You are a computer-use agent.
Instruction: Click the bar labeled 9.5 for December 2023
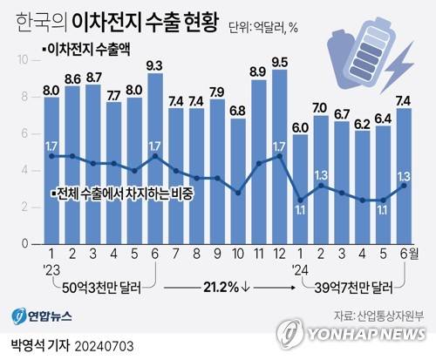tap(279, 157)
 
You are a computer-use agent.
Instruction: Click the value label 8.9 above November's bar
tap(258, 71)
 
